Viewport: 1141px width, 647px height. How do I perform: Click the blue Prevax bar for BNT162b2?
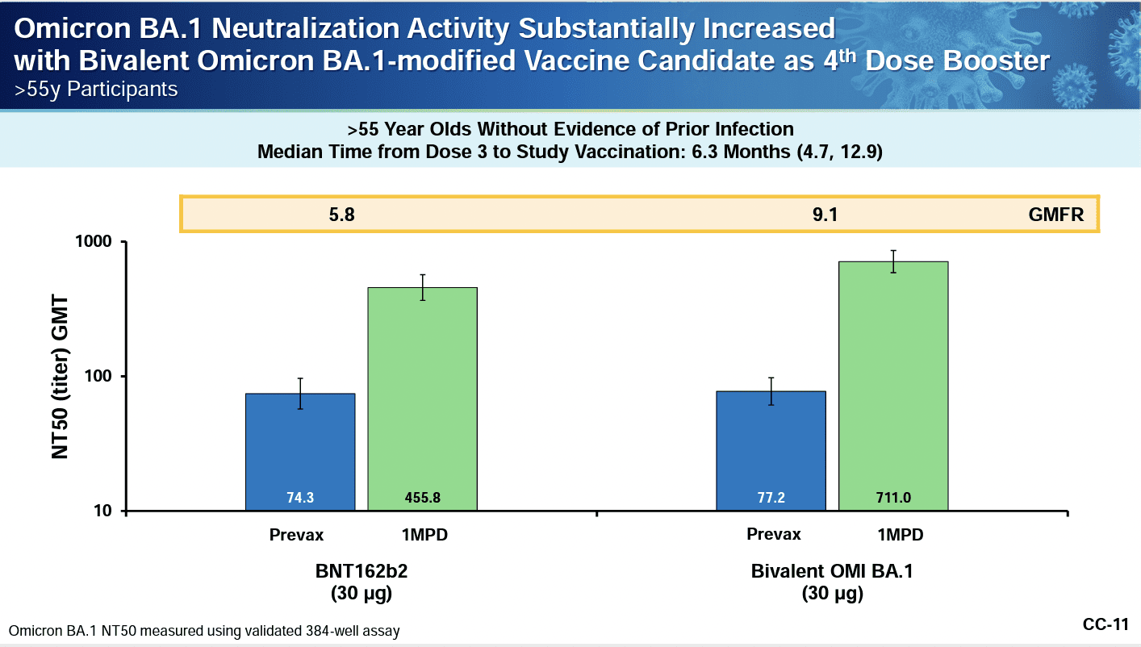point(300,452)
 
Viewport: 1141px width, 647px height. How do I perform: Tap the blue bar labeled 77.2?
point(771,451)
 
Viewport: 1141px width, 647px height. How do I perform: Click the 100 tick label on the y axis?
point(106,377)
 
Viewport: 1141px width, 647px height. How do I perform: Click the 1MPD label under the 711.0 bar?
point(894,535)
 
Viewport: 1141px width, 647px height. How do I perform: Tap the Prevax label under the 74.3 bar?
point(297,535)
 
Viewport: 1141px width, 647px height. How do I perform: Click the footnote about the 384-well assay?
point(204,630)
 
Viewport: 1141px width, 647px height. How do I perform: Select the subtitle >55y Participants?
point(96,89)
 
